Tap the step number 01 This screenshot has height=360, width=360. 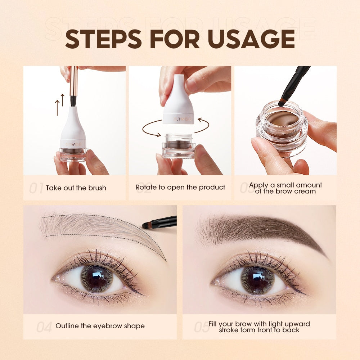point(36,188)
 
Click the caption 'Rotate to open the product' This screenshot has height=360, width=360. point(180,187)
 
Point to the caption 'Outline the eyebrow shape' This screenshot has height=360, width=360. point(100,326)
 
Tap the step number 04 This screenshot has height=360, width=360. point(44,327)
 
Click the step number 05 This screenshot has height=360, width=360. point(202,327)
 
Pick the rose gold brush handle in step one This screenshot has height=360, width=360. point(73,81)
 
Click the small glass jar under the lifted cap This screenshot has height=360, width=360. point(179,146)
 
